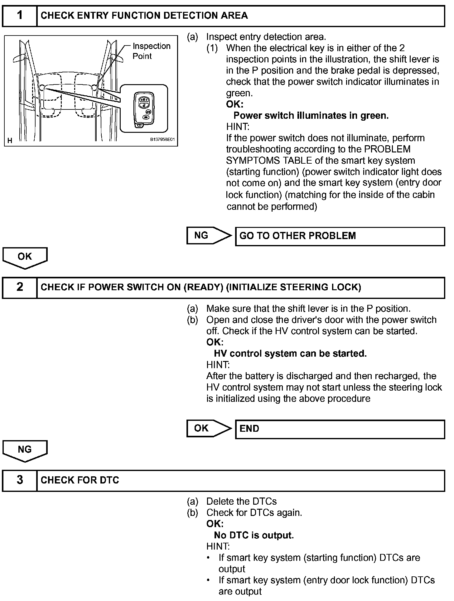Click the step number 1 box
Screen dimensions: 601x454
20,16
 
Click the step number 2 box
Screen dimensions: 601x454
20,287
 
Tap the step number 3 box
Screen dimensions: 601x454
20,480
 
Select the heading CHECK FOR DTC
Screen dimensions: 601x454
80,480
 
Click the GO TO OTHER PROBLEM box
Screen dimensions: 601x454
340,236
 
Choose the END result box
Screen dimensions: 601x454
340,429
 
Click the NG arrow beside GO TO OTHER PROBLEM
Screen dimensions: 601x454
208,236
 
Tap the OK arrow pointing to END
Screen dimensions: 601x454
208,428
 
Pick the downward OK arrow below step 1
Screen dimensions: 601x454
25,257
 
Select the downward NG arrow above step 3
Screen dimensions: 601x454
25,450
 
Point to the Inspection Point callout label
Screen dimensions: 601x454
151,51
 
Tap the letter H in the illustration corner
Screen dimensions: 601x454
10,141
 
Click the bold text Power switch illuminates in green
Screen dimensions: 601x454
311,116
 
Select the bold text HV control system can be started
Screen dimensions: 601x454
290,353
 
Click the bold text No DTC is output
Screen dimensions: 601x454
254,536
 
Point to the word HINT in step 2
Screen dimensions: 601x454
218,365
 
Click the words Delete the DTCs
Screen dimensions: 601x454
241,502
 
